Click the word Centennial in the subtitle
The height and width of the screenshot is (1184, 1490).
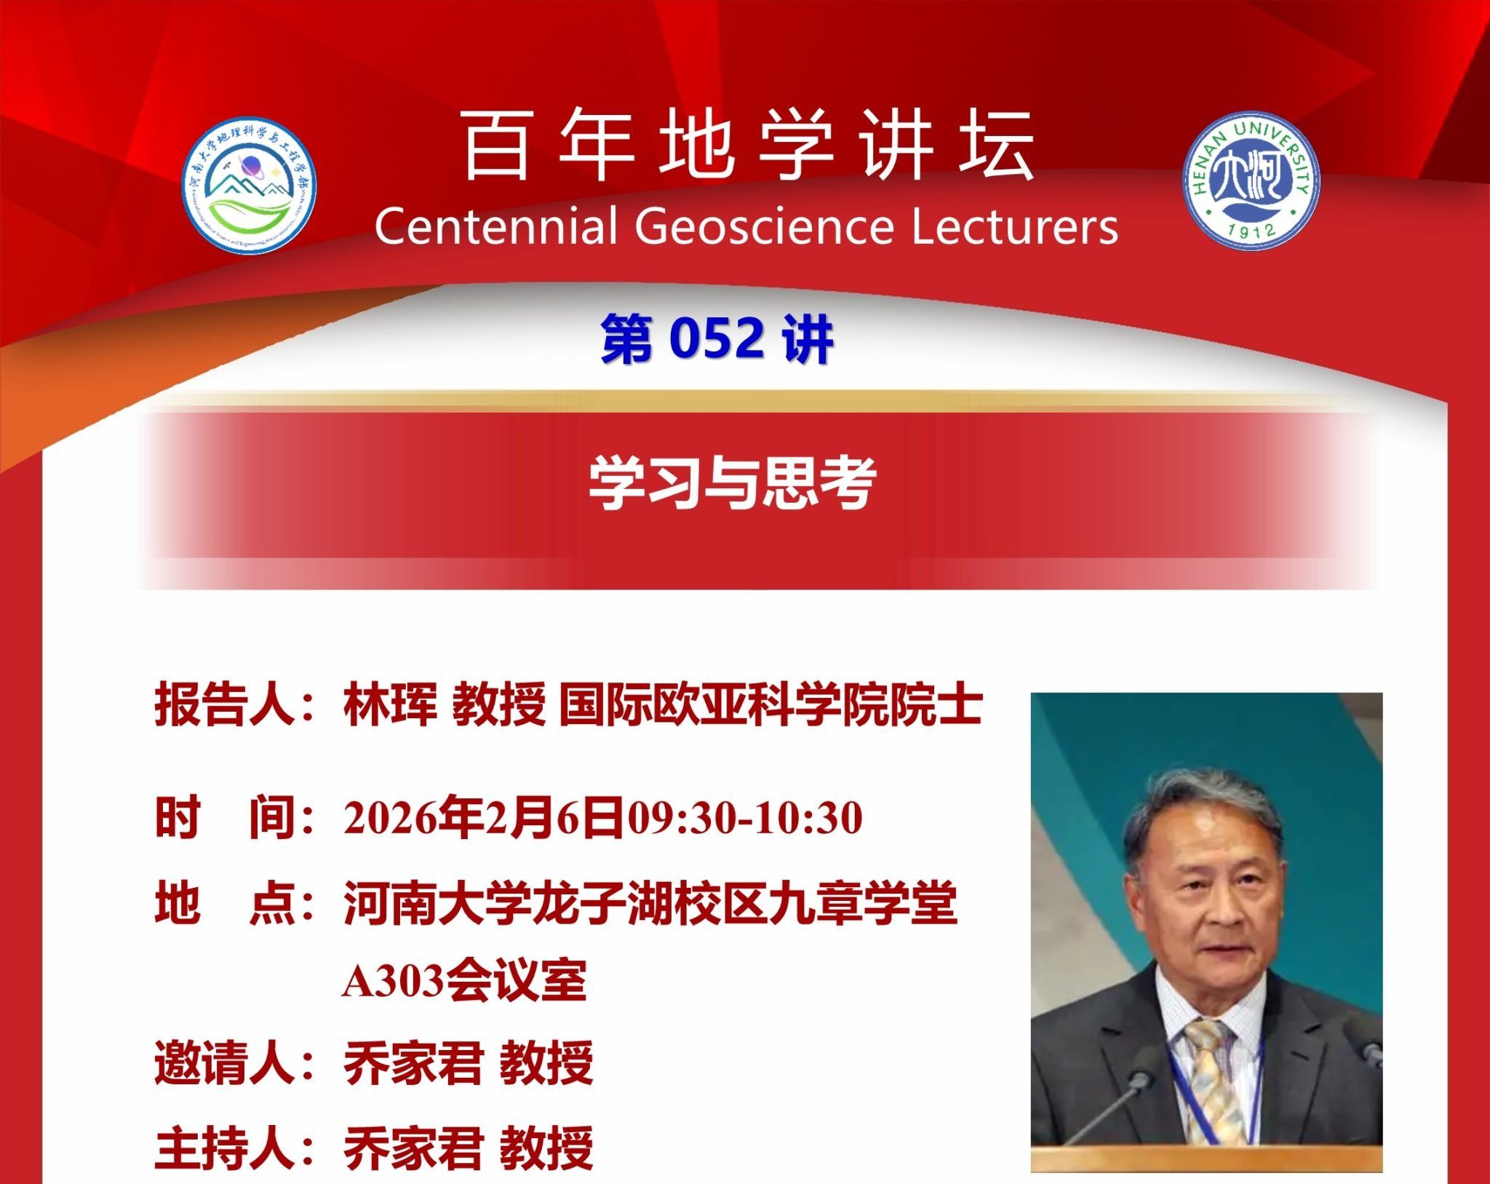point(496,226)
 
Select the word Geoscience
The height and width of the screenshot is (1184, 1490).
point(763,226)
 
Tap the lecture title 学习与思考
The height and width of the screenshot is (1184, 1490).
point(732,482)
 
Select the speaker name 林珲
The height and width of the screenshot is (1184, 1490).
point(390,705)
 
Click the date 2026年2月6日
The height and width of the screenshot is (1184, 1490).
point(484,817)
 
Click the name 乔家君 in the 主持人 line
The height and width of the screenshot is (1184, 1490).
point(413,1148)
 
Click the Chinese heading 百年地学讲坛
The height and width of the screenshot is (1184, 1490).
point(748,146)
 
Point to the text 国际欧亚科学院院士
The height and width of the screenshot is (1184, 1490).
point(771,705)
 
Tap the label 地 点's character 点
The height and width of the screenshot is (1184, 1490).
point(271,903)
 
